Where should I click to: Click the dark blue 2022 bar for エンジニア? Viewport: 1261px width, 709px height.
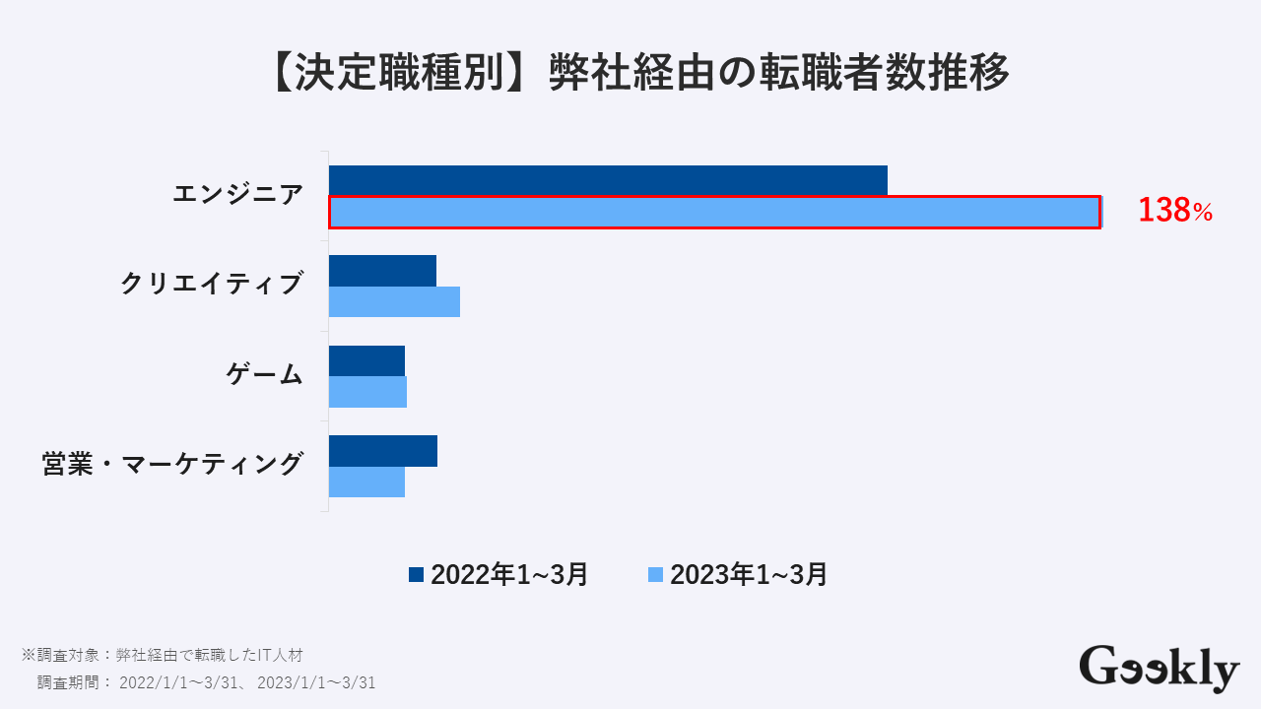click(x=608, y=180)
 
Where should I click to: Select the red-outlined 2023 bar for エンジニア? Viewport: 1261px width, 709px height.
click(x=714, y=213)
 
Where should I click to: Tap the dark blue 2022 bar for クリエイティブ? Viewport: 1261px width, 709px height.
click(x=382, y=271)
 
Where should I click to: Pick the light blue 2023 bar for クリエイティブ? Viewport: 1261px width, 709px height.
click(x=394, y=301)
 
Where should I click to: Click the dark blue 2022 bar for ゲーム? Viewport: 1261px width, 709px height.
click(x=366, y=360)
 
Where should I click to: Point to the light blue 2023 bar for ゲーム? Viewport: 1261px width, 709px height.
click(x=367, y=392)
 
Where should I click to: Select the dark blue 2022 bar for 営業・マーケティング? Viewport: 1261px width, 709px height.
click(x=383, y=451)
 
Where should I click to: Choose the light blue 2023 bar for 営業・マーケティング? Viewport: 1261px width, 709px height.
click(x=366, y=482)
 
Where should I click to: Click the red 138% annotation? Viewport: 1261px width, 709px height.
click(x=1174, y=211)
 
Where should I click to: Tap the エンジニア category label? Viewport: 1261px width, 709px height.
click(x=237, y=195)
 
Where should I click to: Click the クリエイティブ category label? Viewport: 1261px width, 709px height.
click(x=211, y=285)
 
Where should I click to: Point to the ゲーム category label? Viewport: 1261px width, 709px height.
click(x=264, y=374)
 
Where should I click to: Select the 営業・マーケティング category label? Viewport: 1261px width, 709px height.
click(x=171, y=464)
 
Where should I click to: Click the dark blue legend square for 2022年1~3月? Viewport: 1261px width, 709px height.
click(x=416, y=574)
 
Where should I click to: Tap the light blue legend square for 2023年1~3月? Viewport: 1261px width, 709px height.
click(x=655, y=574)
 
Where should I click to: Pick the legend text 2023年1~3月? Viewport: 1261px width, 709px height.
click(x=749, y=574)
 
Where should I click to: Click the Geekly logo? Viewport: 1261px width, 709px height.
click(x=1159, y=669)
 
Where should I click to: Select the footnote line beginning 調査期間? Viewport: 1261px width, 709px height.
click(x=206, y=682)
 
